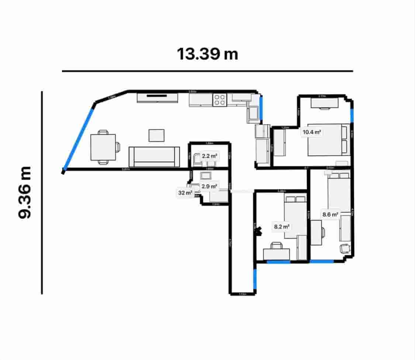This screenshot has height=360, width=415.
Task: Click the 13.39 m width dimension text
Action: tap(207, 54)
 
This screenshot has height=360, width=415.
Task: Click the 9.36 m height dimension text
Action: tap(25, 192)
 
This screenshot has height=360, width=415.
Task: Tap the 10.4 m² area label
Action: tap(311, 132)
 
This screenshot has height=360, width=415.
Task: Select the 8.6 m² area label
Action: tap(330, 214)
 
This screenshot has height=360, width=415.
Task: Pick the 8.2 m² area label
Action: tap(281, 227)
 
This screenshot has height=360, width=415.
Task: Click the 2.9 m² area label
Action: tap(210, 186)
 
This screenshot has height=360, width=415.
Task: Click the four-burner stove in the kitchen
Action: tap(219, 100)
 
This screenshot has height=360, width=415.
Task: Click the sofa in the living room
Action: tap(154, 157)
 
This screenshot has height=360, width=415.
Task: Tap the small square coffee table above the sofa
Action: tap(157, 135)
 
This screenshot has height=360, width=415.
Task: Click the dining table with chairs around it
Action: tap(103, 147)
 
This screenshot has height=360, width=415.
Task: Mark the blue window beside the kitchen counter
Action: tap(261, 108)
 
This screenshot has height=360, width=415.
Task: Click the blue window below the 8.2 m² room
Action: tap(278, 262)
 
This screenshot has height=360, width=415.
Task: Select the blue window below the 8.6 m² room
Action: tap(322, 261)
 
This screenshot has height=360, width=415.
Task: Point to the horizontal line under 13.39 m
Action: tap(207, 71)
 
